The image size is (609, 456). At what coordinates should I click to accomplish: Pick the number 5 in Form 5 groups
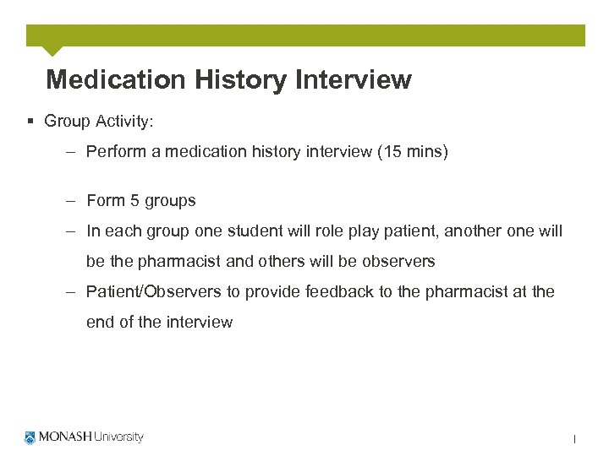pos(134,201)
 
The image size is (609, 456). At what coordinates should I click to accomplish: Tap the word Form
pos(106,201)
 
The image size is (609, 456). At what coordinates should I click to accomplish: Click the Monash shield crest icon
pos(31,437)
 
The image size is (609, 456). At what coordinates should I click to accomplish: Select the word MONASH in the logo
pos(65,437)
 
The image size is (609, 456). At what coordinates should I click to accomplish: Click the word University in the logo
pos(118,437)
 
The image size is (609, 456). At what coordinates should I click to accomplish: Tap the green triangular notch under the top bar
pos(52,51)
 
